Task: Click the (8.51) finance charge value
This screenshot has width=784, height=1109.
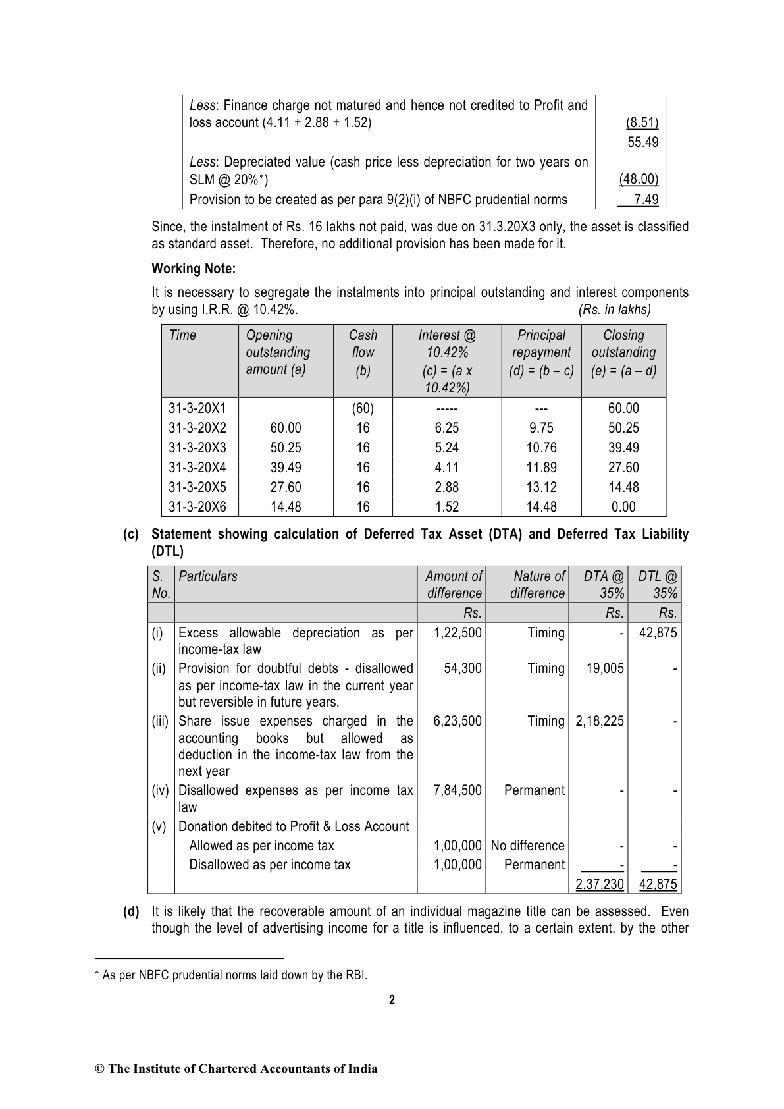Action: click(641, 123)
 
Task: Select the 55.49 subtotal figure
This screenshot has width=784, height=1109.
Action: click(642, 142)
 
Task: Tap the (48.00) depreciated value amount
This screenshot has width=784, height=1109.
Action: click(639, 180)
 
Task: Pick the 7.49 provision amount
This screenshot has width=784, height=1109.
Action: click(646, 200)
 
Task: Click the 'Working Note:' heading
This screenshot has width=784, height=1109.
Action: click(194, 269)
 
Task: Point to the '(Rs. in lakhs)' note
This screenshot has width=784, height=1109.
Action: click(614, 310)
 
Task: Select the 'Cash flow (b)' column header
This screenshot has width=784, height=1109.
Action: click(363, 352)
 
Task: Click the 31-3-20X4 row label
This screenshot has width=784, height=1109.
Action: click(197, 468)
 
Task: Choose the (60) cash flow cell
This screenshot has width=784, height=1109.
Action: click(363, 408)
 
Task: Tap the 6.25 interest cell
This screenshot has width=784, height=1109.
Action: click(447, 428)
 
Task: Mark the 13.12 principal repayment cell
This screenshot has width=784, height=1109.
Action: click(541, 487)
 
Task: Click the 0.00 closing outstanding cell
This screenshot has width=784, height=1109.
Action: click(623, 507)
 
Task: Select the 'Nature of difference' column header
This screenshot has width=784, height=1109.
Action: click(538, 584)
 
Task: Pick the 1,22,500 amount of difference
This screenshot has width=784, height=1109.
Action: click(457, 633)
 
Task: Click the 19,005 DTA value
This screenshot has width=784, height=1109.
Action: click(605, 668)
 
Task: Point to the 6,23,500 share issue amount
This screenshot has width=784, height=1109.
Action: click(457, 721)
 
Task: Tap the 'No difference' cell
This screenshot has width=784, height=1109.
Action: click(528, 846)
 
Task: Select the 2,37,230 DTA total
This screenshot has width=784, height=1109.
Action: click(599, 884)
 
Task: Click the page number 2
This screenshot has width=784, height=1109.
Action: click(392, 1000)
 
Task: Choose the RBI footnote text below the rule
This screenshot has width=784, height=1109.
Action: click(234, 975)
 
